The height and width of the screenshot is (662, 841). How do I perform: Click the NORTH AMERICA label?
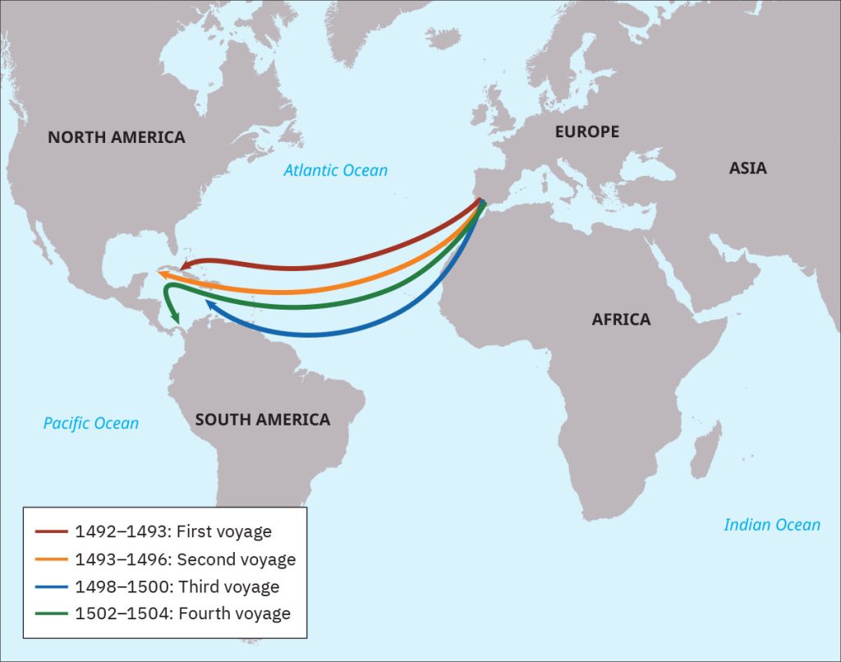pyautogui.click(x=116, y=137)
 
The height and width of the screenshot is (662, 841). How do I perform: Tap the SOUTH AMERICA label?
pyautogui.click(x=262, y=420)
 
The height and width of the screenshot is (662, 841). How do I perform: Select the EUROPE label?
pyautogui.click(x=586, y=131)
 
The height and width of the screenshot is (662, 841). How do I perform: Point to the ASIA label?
pyautogui.click(x=747, y=168)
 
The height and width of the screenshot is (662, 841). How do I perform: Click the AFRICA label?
pyautogui.click(x=621, y=320)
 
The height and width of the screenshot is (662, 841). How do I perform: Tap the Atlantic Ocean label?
pyautogui.click(x=335, y=171)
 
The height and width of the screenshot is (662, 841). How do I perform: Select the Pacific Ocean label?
pyautogui.click(x=90, y=424)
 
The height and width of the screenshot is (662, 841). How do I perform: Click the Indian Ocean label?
pyautogui.click(x=771, y=525)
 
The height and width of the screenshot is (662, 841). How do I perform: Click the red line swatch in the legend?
pyautogui.click(x=51, y=532)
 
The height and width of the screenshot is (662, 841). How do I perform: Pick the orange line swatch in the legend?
pyautogui.click(x=51, y=559)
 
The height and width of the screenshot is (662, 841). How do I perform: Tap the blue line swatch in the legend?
pyautogui.click(x=51, y=587)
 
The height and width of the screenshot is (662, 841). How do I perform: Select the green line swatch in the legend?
pyautogui.click(x=51, y=614)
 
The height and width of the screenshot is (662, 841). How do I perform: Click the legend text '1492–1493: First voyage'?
pyautogui.click(x=172, y=532)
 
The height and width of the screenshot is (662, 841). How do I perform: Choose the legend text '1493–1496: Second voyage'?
pyautogui.click(x=185, y=559)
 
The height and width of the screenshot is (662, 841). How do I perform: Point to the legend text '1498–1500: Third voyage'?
pyautogui.click(x=177, y=587)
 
